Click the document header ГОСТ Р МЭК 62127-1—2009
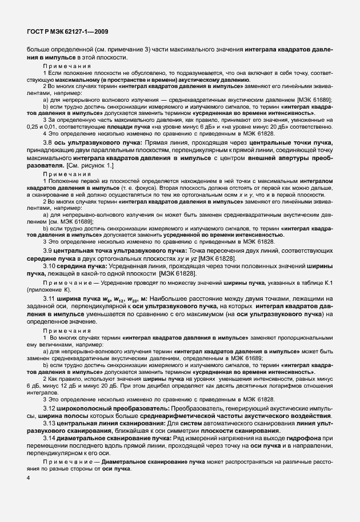pos(63,33)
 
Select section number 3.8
pos(48,141)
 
